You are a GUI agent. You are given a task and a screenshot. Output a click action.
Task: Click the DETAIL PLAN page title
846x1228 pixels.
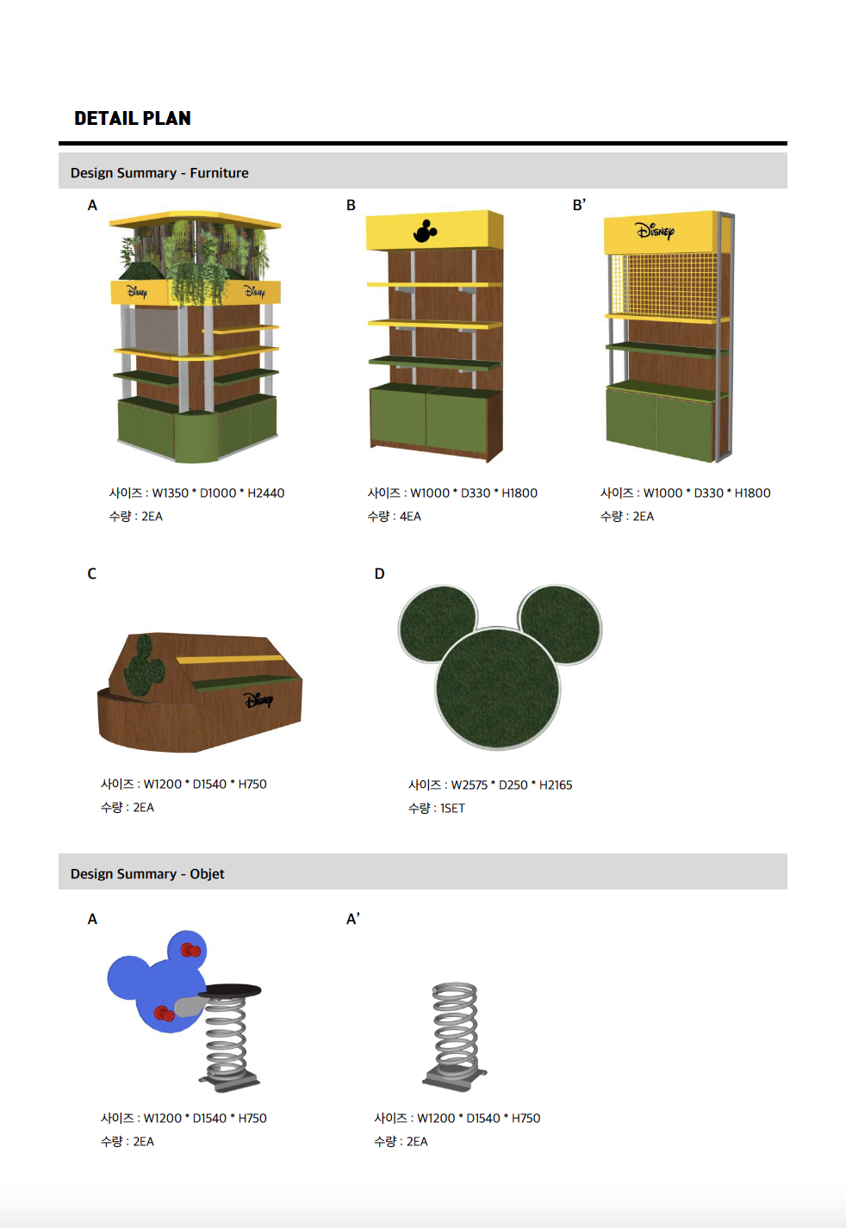(133, 118)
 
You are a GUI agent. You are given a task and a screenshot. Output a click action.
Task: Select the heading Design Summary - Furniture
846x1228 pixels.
(159, 173)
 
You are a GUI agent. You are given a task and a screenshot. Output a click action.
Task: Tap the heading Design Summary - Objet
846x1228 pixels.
(147, 873)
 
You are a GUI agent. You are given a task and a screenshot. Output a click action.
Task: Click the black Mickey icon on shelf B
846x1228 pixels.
(425, 231)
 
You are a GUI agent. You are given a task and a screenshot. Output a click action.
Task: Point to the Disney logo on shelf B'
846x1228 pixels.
(655, 231)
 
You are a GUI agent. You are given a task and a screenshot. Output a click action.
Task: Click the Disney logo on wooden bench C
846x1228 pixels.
(258, 700)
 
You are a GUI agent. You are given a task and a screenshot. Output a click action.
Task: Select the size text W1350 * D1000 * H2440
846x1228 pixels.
(218, 493)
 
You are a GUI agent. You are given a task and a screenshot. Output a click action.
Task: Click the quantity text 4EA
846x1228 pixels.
(410, 517)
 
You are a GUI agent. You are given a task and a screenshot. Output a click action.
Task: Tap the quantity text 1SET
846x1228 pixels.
(452, 808)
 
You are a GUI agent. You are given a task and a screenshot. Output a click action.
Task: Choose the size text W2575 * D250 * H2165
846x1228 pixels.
(512, 785)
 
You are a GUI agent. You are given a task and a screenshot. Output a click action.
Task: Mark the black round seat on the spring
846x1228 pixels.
(230, 990)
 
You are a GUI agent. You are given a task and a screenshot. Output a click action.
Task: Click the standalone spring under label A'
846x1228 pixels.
(455, 1033)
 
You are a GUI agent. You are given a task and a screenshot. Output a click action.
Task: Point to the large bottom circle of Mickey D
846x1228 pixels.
(498, 688)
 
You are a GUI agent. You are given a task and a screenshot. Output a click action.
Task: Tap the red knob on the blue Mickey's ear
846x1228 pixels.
(190, 950)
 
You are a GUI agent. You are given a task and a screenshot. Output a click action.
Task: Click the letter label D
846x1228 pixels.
(379, 574)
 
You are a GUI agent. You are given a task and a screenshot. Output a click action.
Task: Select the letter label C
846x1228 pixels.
(91, 574)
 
